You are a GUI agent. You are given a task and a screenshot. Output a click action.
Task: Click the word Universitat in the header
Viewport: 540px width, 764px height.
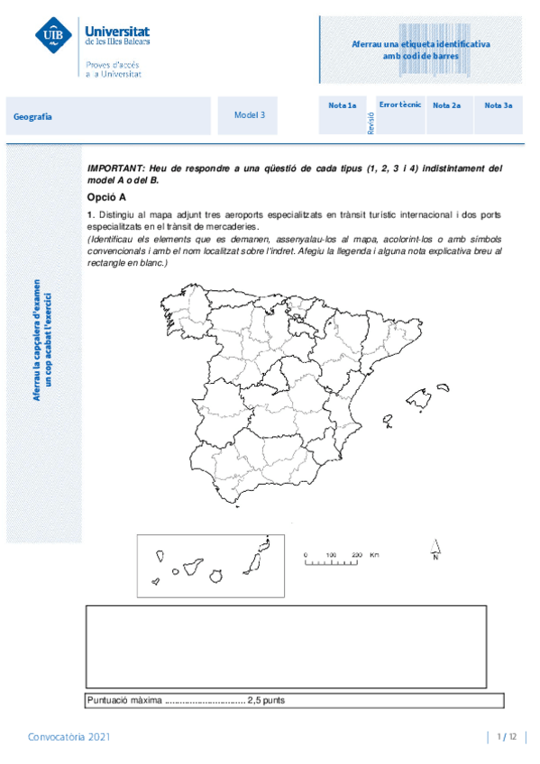[118, 31]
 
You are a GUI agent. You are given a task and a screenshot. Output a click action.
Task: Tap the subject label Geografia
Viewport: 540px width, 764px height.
[32, 116]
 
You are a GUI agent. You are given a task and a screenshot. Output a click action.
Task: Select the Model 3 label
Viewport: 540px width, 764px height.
[250, 115]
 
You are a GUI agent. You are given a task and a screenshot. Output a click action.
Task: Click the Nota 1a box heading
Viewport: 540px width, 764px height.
[342, 105]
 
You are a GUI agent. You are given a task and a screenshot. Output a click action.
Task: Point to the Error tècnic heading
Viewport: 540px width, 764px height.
[399, 105]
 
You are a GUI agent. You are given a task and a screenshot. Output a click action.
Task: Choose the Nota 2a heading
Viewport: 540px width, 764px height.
[446, 105]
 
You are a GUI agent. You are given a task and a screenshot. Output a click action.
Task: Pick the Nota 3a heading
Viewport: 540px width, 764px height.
[498, 105]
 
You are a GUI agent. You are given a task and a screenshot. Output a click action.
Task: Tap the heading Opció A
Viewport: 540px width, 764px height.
[107, 196]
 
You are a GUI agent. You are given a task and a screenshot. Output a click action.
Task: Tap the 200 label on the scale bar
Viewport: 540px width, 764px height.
[357, 555]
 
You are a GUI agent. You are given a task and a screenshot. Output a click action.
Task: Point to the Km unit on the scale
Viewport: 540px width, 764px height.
[374, 555]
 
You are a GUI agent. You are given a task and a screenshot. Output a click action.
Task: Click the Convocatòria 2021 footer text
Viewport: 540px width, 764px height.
[69, 737]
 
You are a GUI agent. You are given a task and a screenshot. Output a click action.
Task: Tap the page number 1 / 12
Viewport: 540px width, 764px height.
[506, 737]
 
